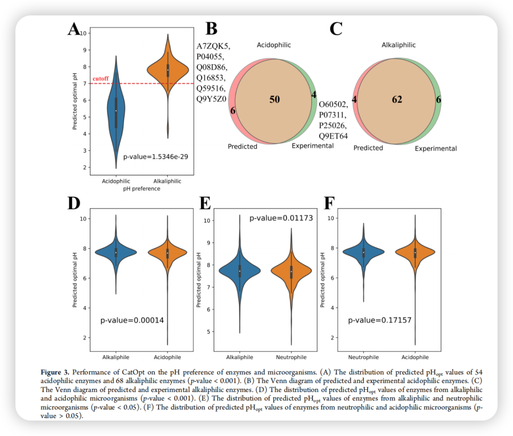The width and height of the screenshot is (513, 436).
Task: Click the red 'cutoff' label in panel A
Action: [101, 78]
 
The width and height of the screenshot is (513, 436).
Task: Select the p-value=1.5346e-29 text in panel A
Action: [156, 157]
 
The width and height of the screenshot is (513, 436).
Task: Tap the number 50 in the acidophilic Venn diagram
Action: [275, 99]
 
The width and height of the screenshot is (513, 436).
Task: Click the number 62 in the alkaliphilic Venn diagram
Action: [397, 100]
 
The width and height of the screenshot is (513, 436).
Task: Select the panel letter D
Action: [74, 203]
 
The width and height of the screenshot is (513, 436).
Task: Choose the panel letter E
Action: [205, 203]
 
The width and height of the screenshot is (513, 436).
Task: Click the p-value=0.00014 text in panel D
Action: [132, 320]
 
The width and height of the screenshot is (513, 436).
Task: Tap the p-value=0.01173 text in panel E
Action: [281, 218]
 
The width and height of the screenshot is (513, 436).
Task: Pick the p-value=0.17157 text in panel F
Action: [380, 320]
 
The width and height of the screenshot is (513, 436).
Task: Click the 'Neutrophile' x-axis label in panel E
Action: [291, 357]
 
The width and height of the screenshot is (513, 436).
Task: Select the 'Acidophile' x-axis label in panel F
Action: [415, 357]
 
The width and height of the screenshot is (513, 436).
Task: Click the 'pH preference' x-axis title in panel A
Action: [141, 189]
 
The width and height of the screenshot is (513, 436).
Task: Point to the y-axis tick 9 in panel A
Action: [84, 50]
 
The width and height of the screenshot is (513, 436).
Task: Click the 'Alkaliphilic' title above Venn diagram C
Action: [399, 45]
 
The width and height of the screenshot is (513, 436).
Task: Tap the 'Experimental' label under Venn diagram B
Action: [313, 146]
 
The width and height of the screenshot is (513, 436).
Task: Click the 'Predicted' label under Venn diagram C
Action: [368, 148]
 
